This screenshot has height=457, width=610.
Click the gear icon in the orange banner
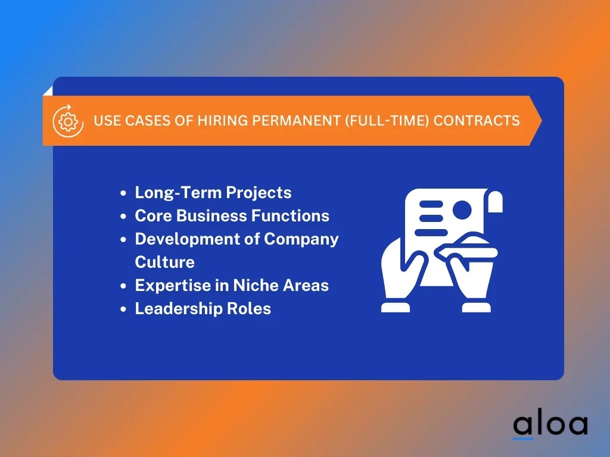pyautogui.click(x=68, y=121)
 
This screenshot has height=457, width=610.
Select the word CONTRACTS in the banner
pyautogui.click(x=477, y=120)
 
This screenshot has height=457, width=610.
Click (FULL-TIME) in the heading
pyautogui.click(x=387, y=120)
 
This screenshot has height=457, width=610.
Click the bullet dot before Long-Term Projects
pyautogui.click(x=123, y=193)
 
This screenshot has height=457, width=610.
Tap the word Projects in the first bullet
pyautogui.click(x=259, y=193)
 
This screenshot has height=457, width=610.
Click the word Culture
pyautogui.click(x=164, y=262)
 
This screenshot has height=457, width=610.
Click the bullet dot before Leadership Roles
pyautogui.click(x=123, y=309)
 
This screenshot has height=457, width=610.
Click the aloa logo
pyautogui.click(x=550, y=426)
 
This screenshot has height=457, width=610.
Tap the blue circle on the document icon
pyautogui.click(x=462, y=210)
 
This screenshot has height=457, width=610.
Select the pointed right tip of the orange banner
pyautogui.click(x=541, y=121)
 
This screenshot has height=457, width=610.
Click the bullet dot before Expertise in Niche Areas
pyautogui.click(x=123, y=286)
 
